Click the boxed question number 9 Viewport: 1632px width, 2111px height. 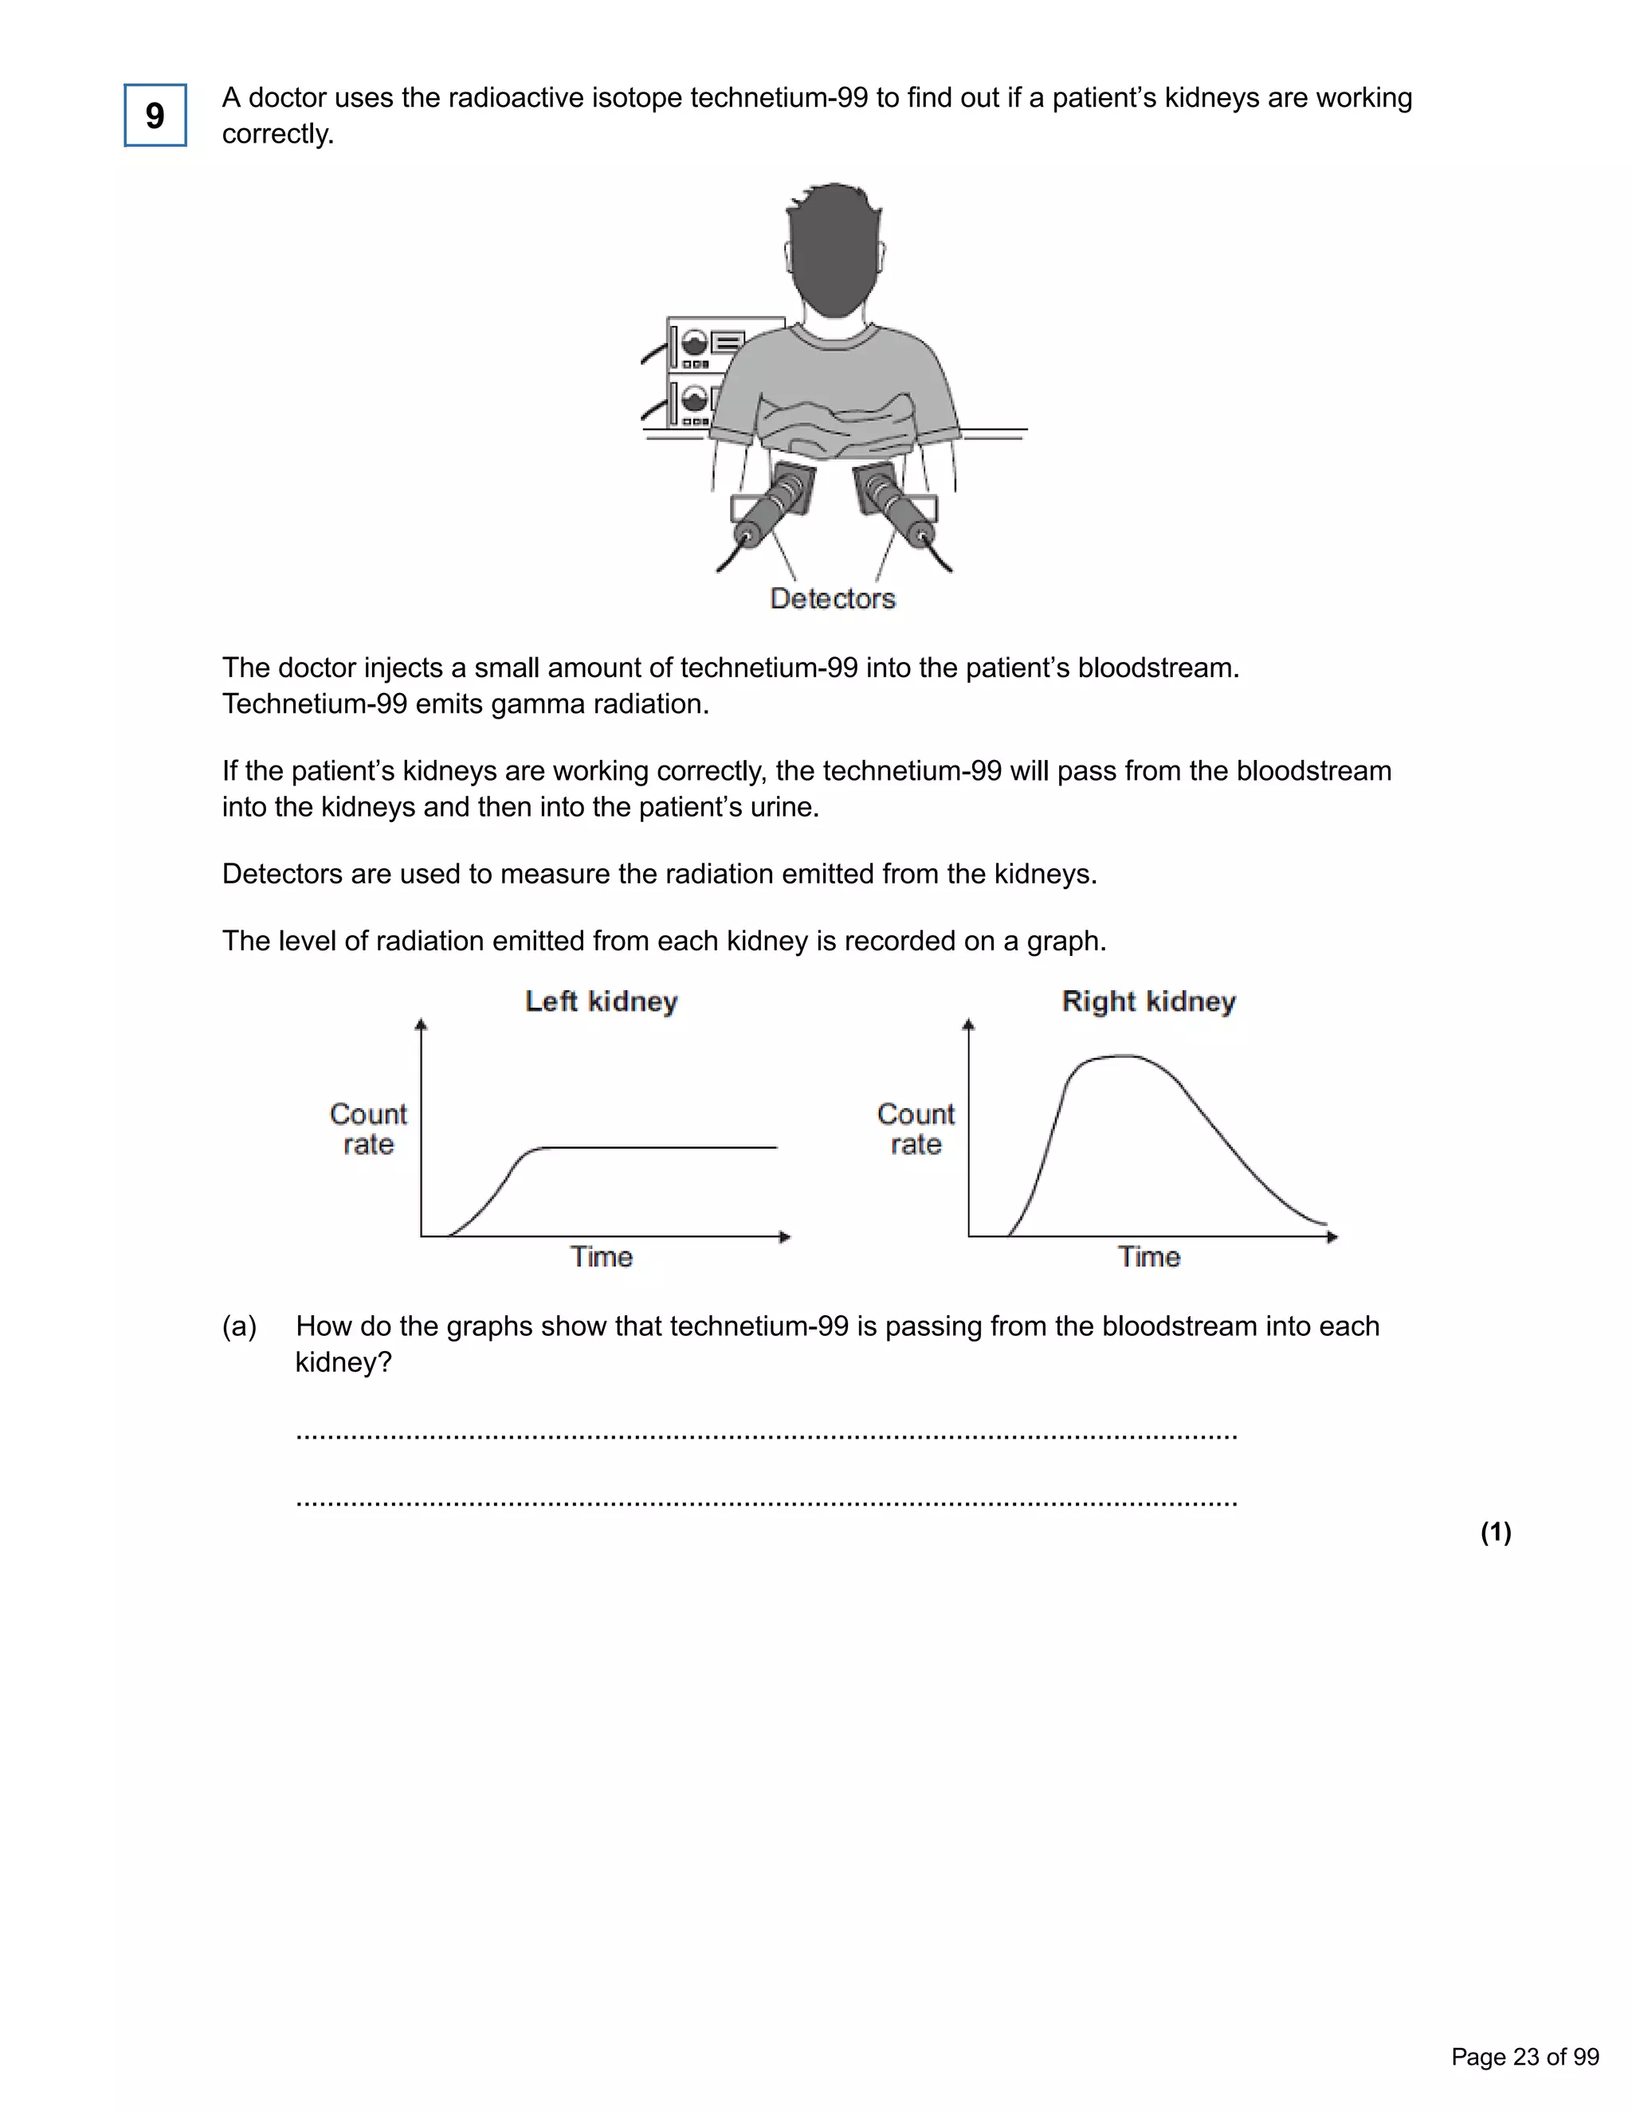tap(155, 116)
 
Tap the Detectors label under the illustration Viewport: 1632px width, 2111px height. tap(833, 598)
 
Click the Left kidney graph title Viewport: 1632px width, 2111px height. tap(602, 1001)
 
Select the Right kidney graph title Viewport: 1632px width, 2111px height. tap(1148, 1001)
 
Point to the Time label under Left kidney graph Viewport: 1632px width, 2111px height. tap(602, 1256)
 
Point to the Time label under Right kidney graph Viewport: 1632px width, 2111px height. tap(1148, 1256)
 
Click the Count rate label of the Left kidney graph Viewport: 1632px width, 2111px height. tap(368, 1129)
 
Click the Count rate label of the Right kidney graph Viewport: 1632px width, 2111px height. tap(916, 1129)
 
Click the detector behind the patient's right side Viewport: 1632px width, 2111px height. tap(897, 507)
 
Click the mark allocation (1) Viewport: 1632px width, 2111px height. tap(1496, 1532)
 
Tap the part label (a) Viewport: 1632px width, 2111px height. tap(240, 1326)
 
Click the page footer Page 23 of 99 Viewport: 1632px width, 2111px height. tap(1524, 2057)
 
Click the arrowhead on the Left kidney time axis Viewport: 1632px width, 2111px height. tap(785, 1237)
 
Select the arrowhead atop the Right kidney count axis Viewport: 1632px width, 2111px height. tap(969, 1024)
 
